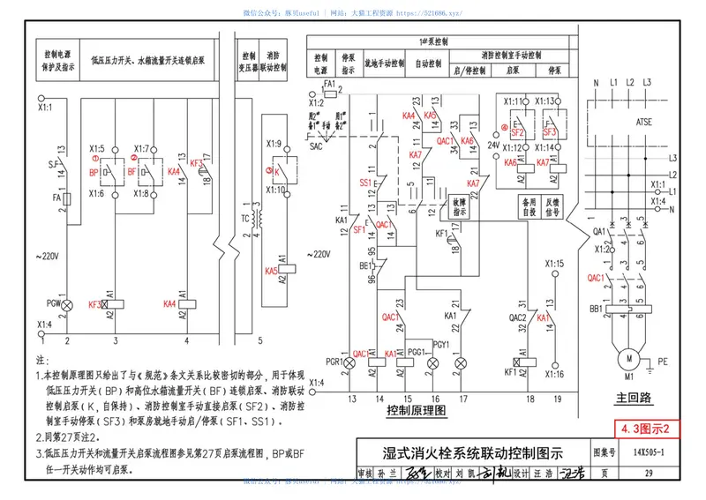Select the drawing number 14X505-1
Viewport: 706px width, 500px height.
649,452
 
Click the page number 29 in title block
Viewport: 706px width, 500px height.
649,474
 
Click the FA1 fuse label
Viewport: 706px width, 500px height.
330,83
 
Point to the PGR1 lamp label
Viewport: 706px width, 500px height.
334,362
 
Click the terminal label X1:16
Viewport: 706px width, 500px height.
553,374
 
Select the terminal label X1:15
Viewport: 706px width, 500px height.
553,263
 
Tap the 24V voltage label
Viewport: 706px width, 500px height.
494,144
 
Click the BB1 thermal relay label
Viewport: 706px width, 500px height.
597,310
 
